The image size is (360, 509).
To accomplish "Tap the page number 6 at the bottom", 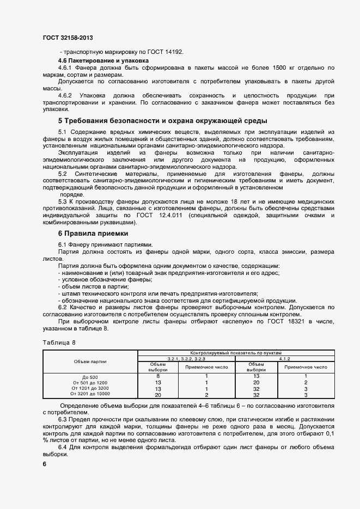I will click(x=45, y=464).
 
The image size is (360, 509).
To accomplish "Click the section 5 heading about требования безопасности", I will click(x=162, y=120).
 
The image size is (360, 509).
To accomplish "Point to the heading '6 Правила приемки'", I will click(x=89, y=233).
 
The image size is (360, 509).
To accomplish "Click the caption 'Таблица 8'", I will click(x=59, y=342).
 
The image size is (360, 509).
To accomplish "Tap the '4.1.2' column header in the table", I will click(x=284, y=359).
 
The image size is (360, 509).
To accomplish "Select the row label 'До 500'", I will click(x=90, y=377).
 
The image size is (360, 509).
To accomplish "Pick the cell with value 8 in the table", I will click(x=158, y=376).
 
